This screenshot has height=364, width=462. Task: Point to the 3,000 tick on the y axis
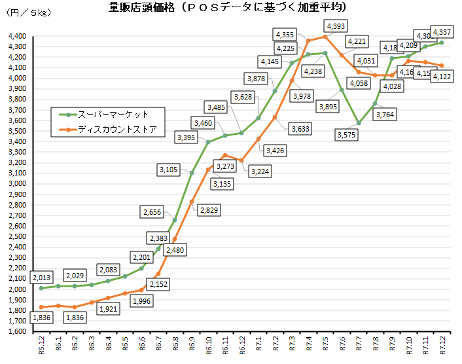click(16, 183)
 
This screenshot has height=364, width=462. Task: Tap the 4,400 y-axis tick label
click(16, 36)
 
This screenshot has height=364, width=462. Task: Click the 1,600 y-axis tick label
click(16, 331)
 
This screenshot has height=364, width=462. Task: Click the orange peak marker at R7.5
click(325, 37)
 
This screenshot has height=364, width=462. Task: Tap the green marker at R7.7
click(359, 123)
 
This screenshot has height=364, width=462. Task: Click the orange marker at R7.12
click(442, 65)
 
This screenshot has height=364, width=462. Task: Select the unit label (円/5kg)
click(27, 12)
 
